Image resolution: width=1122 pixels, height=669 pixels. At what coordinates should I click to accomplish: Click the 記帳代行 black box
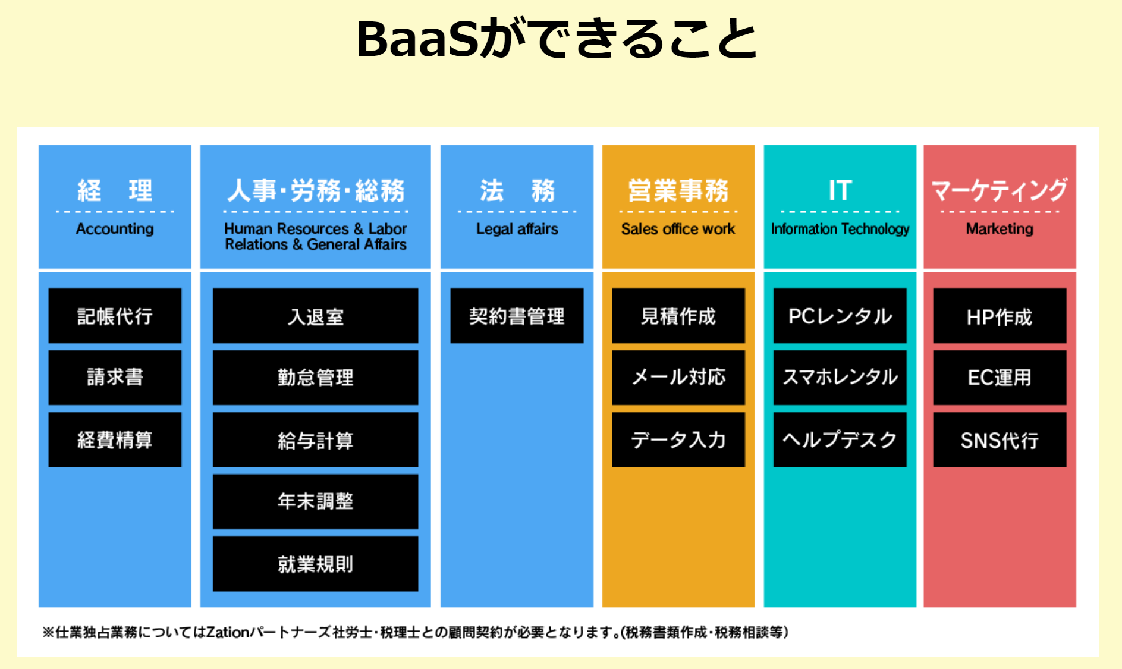coord(115,316)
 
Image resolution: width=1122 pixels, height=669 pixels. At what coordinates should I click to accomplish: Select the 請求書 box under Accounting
coord(115,378)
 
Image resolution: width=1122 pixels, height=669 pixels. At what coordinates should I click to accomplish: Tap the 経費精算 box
coord(115,439)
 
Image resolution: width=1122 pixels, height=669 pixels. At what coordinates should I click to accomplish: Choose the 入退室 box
coord(316,316)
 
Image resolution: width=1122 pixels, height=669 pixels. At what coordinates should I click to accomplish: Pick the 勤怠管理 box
coord(316,378)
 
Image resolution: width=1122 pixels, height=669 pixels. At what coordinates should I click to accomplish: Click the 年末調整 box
coord(316,501)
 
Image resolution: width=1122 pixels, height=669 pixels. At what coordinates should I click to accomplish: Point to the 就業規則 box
coord(316,564)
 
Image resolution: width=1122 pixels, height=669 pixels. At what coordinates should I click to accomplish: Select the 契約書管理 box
coord(517,316)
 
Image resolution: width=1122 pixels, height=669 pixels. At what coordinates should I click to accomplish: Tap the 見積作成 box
coord(678,316)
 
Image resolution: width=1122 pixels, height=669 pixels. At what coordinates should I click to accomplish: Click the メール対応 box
coord(678,378)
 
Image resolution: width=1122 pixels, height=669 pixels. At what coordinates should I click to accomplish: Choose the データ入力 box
coord(678,439)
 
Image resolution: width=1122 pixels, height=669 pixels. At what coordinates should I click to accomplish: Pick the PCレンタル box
coord(840,316)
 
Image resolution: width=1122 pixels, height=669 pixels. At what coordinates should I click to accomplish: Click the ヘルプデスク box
coord(840,439)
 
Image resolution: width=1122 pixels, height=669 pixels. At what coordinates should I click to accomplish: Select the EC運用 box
coord(1000,378)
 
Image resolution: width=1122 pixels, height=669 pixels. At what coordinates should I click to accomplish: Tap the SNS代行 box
coord(1000,439)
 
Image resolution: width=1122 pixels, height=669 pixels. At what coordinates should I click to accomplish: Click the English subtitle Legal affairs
coord(517,230)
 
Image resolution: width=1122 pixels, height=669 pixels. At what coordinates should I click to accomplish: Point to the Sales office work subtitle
coord(678,229)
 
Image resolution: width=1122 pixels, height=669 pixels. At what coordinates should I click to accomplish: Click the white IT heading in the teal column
coord(840,190)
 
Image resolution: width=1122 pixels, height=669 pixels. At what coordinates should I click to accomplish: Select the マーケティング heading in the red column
coord(1000,190)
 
